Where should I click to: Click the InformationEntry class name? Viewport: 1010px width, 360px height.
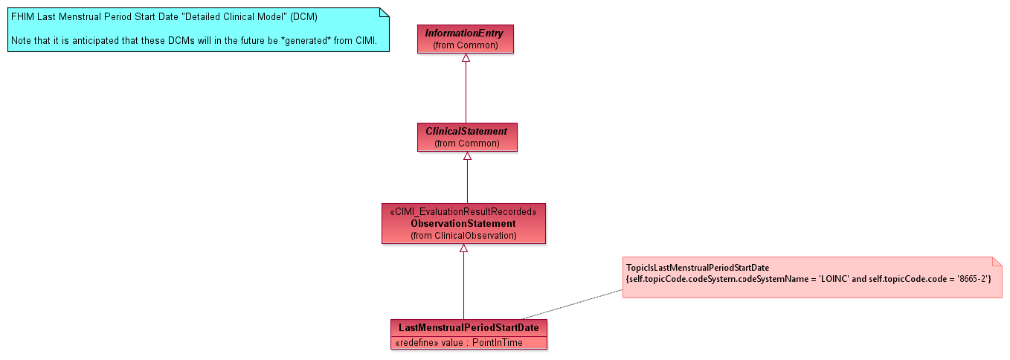tap(465, 33)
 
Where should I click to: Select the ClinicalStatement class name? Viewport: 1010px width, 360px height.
tap(466, 132)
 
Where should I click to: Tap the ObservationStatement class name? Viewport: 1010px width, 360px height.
tap(463, 223)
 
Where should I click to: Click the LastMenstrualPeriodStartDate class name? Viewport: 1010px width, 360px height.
tap(469, 327)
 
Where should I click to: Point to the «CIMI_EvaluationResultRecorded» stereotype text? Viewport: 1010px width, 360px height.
tap(463, 212)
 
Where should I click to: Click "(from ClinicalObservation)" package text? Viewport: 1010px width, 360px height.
tap(463, 235)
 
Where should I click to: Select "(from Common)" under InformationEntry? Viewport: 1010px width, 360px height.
tap(465, 45)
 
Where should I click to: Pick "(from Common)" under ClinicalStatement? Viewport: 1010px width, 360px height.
tap(466, 143)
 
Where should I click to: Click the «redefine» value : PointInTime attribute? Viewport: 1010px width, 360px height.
tap(459, 343)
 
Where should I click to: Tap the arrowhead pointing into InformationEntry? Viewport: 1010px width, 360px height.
tap(466, 58)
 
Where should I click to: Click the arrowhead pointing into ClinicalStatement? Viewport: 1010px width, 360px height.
tap(467, 156)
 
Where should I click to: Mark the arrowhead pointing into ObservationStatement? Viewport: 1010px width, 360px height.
tap(463, 248)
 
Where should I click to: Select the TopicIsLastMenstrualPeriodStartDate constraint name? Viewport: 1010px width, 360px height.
tap(698, 267)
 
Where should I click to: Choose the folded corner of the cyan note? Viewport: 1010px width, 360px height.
tap(385, 12)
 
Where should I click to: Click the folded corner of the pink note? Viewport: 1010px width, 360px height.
tap(997, 262)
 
